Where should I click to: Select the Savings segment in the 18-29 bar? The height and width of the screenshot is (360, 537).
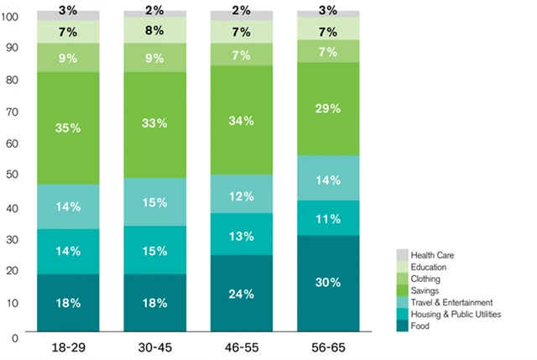click(68, 128)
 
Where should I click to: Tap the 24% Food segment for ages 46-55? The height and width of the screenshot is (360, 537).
click(241, 293)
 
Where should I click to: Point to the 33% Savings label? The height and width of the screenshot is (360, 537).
click(154, 123)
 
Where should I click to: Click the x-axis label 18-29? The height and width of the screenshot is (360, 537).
click(68, 345)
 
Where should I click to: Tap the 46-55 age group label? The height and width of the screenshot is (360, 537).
click(241, 345)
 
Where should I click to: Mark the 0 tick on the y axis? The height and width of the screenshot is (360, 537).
click(14, 337)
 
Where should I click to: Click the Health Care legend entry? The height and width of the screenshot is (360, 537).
click(431, 254)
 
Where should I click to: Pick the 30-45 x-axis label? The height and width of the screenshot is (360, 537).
click(154, 345)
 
